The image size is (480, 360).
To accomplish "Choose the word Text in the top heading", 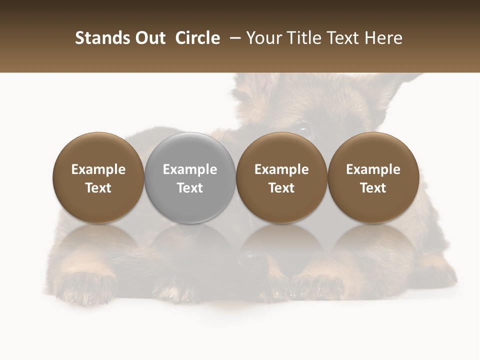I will (340, 38).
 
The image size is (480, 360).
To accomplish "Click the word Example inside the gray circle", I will (190, 170).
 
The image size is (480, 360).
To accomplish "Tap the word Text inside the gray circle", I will (190, 188).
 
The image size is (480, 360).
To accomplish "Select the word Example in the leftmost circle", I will (98, 170).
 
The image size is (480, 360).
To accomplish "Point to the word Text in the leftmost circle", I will (98, 188).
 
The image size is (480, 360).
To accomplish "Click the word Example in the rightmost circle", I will (373, 170).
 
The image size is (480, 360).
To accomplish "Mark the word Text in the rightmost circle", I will (373, 188).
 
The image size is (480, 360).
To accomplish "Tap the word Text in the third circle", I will (281, 188).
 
